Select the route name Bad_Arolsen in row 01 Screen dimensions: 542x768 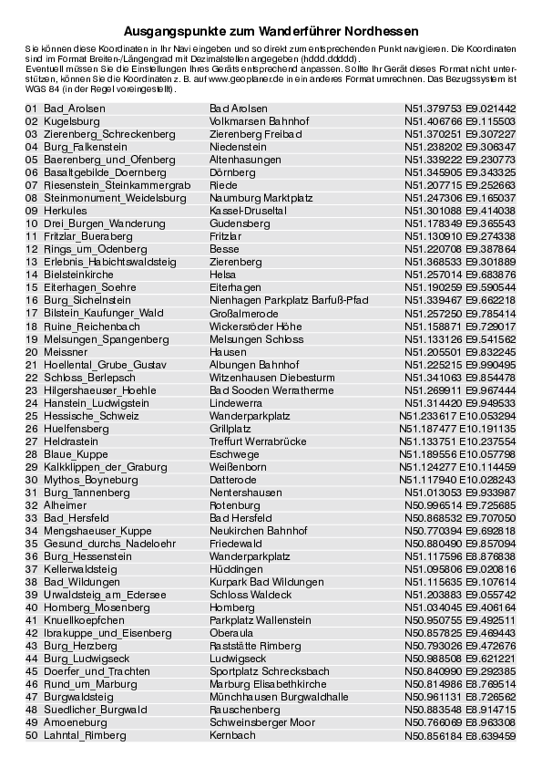[x=74, y=109]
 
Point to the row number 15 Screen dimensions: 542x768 [x=31, y=287]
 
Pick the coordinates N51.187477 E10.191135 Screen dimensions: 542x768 [x=457, y=428]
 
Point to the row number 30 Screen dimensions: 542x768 [x=31, y=479]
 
